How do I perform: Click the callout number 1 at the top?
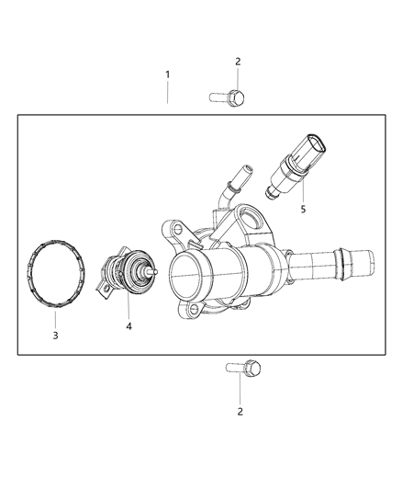click(167, 74)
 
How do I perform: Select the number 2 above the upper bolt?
click(238, 62)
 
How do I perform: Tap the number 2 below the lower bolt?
click(240, 411)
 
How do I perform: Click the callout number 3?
click(55, 336)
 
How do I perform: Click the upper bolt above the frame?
click(229, 95)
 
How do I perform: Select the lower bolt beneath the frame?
click(242, 369)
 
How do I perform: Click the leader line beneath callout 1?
click(167, 92)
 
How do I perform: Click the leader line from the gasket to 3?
click(55, 313)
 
